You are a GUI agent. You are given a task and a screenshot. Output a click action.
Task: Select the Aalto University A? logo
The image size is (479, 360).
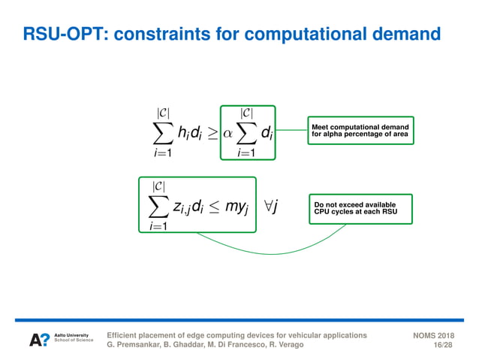(39, 340)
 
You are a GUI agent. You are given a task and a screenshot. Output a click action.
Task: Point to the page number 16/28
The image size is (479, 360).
(443, 345)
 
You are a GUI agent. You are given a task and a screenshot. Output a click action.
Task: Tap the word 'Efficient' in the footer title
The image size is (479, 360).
(125, 334)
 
